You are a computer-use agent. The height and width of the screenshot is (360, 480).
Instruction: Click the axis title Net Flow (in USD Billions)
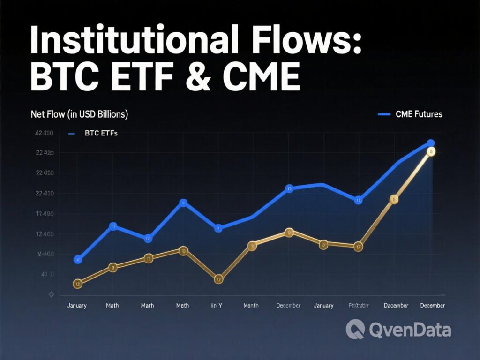tap(80, 114)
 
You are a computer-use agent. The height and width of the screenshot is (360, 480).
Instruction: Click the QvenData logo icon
tap(355, 330)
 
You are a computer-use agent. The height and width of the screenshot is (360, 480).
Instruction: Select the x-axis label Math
tap(112, 306)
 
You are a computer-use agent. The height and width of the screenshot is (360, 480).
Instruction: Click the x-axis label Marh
tap(148, 306)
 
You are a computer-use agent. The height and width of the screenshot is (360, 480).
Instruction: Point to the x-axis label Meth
tap(183, 306)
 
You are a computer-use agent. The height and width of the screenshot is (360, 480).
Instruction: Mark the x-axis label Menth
tap(251, 306)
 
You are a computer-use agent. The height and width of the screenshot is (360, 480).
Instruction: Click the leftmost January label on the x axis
tap(77, 306)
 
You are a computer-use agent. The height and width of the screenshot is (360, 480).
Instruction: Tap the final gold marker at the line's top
tap(431, 151)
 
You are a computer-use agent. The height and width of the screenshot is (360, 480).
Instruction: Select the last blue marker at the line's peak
tap(430, 143)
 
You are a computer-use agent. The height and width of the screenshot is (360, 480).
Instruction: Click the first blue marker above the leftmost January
tap(78, 260)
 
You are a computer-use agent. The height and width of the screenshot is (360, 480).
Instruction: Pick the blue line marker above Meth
tap(184, 203)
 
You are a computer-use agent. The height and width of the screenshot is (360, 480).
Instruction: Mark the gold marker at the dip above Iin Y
tap(218, 279)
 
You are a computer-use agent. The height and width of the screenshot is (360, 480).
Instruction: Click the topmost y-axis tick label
tap(45, 133)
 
